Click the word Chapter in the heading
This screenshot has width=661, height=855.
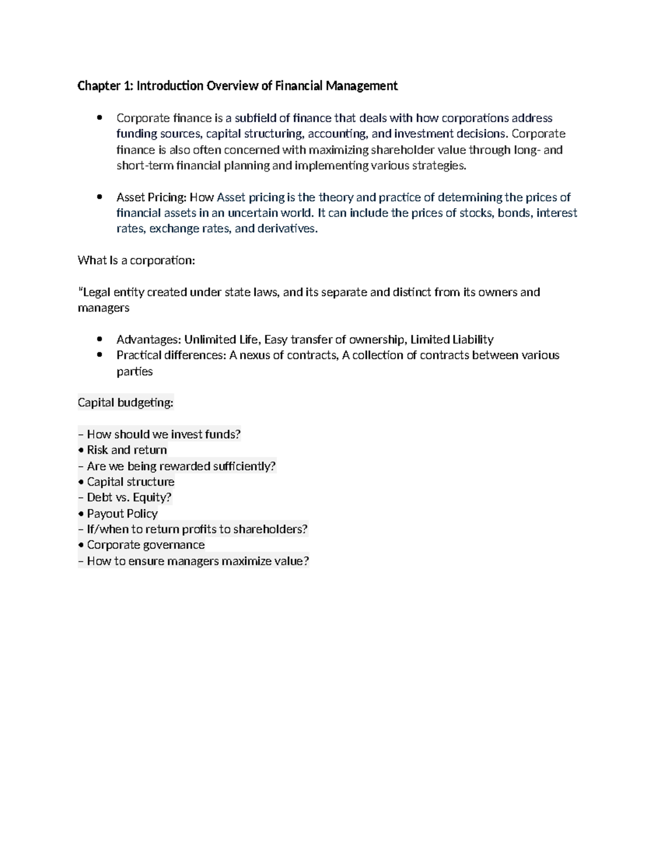pyautogui.click(x=97, y=86)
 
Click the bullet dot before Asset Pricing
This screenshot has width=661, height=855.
pyautogui.click(x=100, y=197)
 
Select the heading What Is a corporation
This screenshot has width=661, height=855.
pyautogui.click(x=136, y=260)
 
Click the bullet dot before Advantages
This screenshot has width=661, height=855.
pyautogui.click(x=100, y=339)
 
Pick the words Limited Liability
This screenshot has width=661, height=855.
pyautogui.click(x=452, y=340)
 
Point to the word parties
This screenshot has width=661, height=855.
pyautogui.click(x=134, y=372)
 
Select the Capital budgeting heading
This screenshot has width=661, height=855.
pyautogui.click(x=126, y=403)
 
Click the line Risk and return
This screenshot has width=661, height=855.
pyautogui.click(x=127, y=450)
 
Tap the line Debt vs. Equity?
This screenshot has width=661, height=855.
pyautogui.click(x=129, y=498)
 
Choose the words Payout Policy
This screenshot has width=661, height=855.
pyautogui.click(x=122, y=514)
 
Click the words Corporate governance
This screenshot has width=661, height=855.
pyautogui.click(x=145, y=545)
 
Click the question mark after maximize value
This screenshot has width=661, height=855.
pyautogui.click(x=306, y=561)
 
